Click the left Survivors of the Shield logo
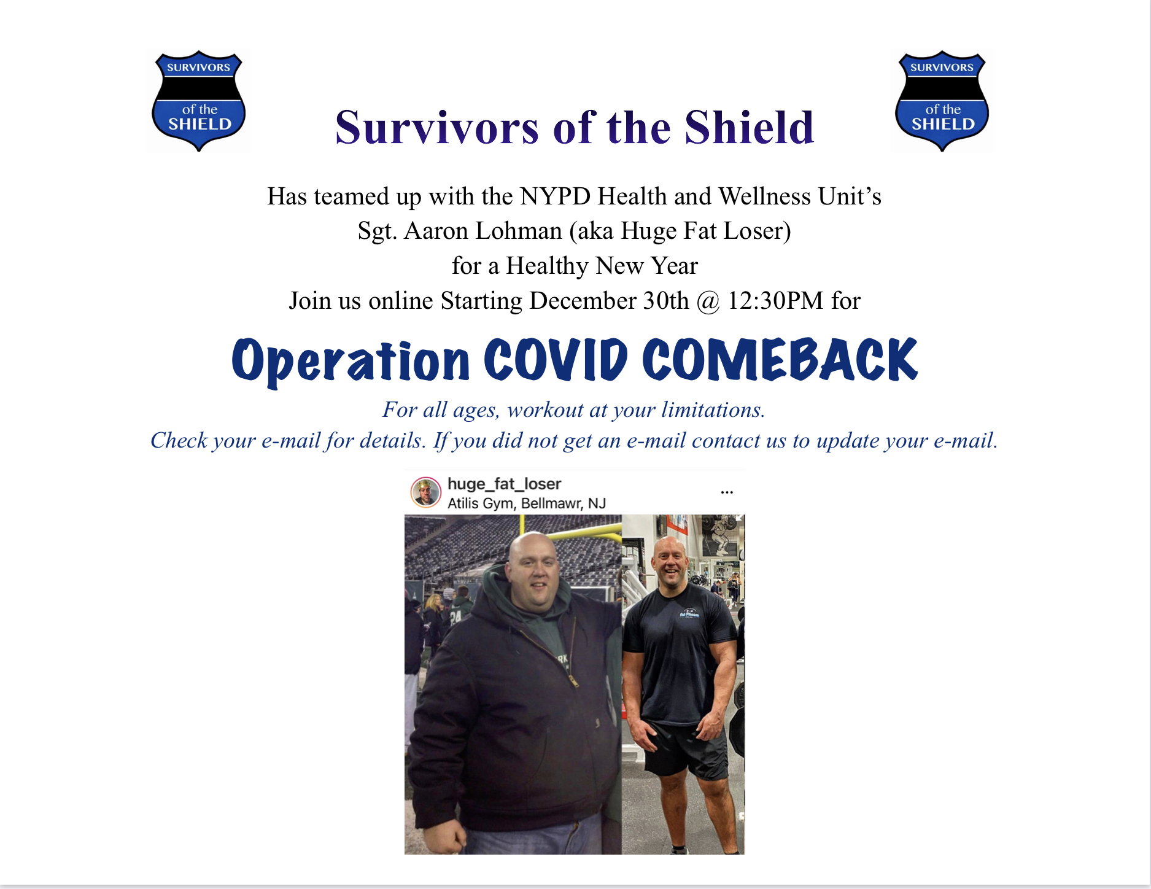(199, 101)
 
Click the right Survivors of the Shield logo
(942, 101)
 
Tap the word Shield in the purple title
(750, 128)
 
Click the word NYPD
(555, 196)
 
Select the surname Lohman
(519, 231)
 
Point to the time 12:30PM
(775, 301)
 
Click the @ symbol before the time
(708, 302)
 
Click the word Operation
(351, 362)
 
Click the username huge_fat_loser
(504, 484)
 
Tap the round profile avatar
(425, 492)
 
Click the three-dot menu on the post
(727, 492)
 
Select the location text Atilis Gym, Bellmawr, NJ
(527, 503)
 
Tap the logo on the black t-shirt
(689, 613)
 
